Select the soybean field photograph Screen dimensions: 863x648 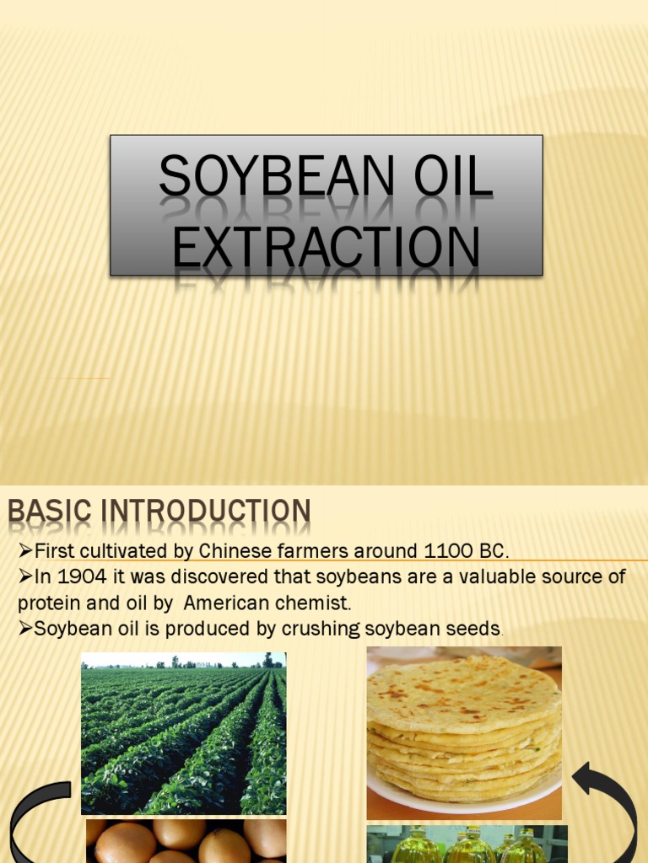[x=183, y=733]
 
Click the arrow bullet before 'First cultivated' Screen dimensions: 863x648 [x=25, y=552]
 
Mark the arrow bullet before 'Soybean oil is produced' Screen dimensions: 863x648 [x=25, y=629]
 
